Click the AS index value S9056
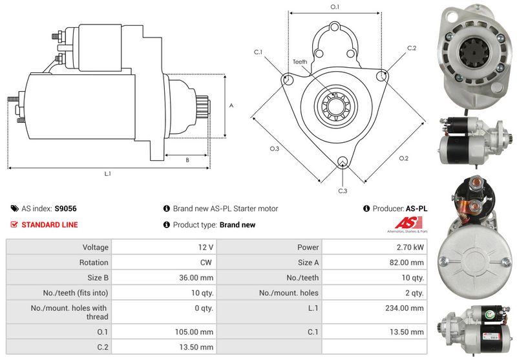coord(65,209)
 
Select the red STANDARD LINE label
coord(49,225)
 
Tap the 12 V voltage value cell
coord(206,247)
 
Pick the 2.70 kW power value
coord(411,247)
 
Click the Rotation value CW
coord(206,262)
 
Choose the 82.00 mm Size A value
coord(408,262)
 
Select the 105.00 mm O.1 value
coord(197,332)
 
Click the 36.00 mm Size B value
coord(197,278)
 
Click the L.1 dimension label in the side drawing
coord(107,173)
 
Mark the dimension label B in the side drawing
coord(187,160)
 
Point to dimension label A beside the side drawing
coord(231,105)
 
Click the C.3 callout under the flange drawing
coord(343,191)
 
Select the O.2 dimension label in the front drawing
coord(404,158)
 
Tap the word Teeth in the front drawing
coord(300,61)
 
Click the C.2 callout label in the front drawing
coord(412,48)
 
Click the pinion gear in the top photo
coord(470,52)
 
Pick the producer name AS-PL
coord(416,209)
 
